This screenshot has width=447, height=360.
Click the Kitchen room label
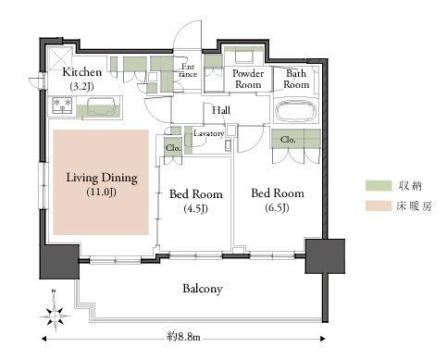(82, 79)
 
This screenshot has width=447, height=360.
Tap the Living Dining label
(102, 184)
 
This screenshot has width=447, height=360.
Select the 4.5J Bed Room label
(196, 201)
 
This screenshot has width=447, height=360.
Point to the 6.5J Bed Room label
(278, 200)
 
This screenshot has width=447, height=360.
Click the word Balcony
(203, 289)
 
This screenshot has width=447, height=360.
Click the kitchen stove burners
(62, 105)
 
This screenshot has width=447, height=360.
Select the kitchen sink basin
(101, 106)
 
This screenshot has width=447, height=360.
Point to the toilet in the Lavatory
(192, 141)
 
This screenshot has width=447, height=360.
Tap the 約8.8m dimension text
(183, 337)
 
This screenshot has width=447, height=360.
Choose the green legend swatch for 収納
(379, 186)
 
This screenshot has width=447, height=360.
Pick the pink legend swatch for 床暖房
(379, 205)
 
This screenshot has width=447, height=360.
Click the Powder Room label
(248, 79)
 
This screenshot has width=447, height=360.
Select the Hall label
(221, 110)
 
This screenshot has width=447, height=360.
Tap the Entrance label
(188, 70)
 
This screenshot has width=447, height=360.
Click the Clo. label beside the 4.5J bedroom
(173, 148)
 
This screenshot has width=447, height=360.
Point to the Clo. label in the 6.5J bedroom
(288, 140)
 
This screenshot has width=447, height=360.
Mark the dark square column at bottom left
(59, 262)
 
